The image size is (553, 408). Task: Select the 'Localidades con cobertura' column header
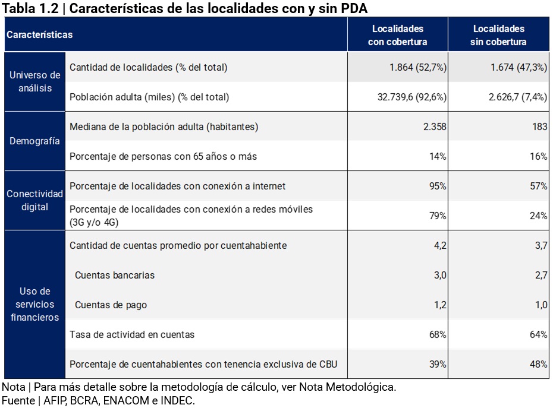(x=397, y=35)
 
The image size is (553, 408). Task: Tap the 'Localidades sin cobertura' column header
(x=498, y=35)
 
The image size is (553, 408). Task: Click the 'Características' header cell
(x=39, y=34)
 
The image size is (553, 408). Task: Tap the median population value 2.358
(x=435, y=127)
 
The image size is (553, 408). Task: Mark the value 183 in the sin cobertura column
(x=539, y=127)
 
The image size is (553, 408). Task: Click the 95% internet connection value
(x=437, y=186)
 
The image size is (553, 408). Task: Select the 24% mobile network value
(x=539, y=216)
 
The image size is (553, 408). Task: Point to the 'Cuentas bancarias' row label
(x=115, y=276)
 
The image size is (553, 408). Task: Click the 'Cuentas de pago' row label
(x=111, y=305)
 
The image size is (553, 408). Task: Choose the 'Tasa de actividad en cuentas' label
(x=132, y=335)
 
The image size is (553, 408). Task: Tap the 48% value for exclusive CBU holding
(x=539, y=365)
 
